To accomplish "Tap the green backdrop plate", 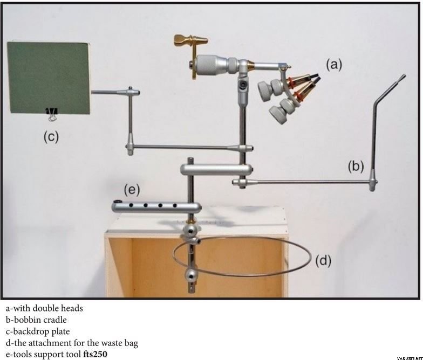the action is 49,78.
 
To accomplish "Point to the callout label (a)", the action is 334,65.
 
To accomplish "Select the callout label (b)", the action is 356,166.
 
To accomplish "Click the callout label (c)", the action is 51,136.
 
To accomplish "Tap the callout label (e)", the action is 132,190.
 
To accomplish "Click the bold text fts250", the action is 95,354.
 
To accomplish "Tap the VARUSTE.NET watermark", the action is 409,358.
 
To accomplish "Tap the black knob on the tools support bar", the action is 118,202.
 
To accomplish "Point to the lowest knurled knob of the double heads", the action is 277,114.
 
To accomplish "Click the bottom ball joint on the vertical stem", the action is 191,275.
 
